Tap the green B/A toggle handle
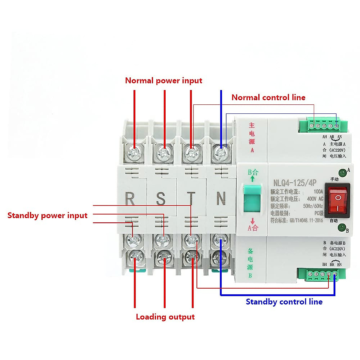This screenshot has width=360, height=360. (x=252, y=198)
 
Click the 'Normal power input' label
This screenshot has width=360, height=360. (x=163, y=80)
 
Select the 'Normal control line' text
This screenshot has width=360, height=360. (x=268, y=97)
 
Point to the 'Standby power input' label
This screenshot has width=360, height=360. (x=47, y=215)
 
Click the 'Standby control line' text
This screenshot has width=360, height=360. (x=284, y=301)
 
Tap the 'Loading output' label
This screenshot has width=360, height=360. (x=165, y=317)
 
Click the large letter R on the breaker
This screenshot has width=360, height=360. (x=130, y=199)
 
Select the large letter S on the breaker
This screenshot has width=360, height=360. (x=160, y=199)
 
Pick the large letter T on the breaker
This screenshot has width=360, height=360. (x=191, y=199)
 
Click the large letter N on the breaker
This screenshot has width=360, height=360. (x=221, y=199)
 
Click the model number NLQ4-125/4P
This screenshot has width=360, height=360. (x=295, y=183)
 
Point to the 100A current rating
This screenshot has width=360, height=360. (x=318, y=191)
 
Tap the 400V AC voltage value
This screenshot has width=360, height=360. (x=315, y=199)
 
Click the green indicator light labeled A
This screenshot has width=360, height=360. (x=342, y=172)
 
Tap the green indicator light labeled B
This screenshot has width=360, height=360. (x=341, y=228)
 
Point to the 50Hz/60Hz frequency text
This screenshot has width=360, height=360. (x=313, y=206)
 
